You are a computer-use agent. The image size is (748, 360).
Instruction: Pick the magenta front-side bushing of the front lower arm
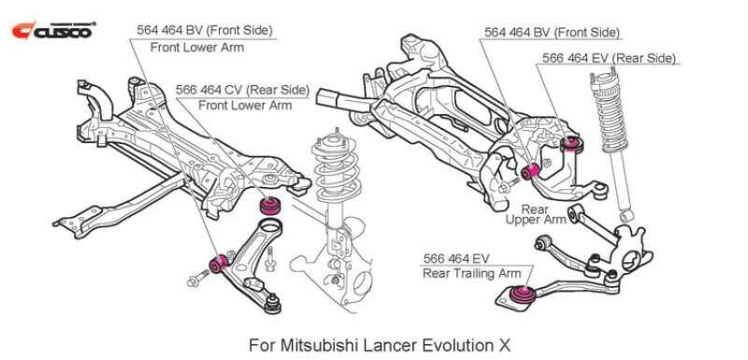221,263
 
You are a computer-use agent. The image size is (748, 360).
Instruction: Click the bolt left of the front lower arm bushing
199,276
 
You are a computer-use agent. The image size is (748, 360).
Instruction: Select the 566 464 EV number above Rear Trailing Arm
456,257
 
